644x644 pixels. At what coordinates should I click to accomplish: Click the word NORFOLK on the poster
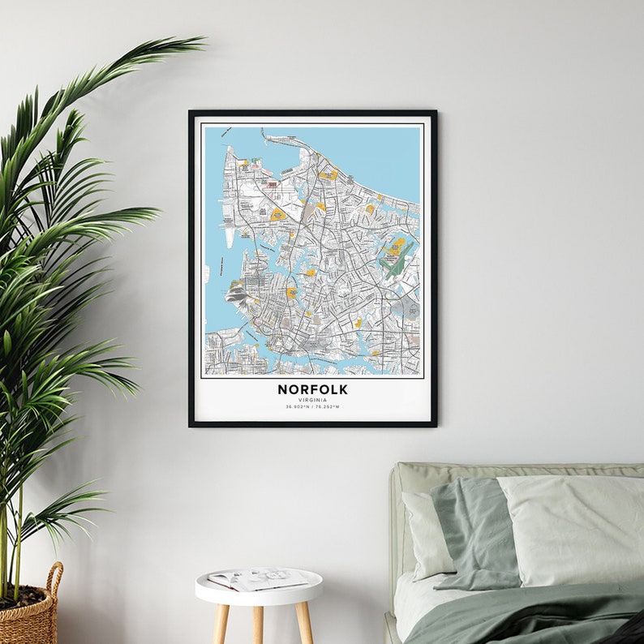click(312, 389)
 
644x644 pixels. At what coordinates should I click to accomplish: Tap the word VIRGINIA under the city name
click(312, 400)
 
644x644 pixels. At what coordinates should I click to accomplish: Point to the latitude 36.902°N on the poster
click(298, 407)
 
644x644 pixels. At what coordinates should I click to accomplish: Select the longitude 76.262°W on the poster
click(327, 407)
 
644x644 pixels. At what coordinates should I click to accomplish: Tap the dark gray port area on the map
click(238, 294)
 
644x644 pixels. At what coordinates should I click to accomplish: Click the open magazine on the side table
click(258, 578)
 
